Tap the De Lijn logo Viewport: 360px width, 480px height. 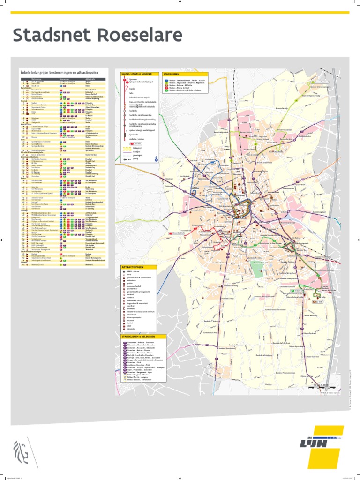pos(324,445)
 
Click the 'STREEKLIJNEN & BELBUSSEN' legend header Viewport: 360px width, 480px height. pos(142,336)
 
